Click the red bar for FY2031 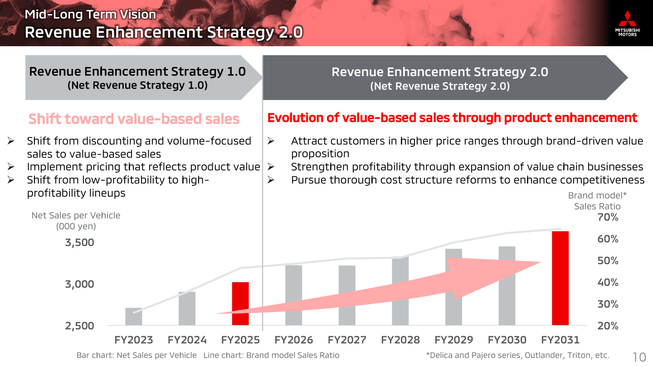point(560,278)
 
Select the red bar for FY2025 point(240,304)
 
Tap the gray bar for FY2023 point(133,316)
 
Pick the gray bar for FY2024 point(187,308)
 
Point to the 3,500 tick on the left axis point(80,242)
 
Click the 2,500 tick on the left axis point(80,326)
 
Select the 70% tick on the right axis point(608,217)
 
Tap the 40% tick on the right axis point(608,282)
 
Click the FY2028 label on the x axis point(400,340)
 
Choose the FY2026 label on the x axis point(293,340)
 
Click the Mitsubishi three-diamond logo point(627,19)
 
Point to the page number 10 point(639,357)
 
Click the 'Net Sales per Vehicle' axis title point(76,221)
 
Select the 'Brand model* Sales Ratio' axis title point(597,201)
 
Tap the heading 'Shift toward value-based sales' point(134,119)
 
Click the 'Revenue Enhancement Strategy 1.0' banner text point(137,72)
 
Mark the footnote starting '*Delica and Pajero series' point(518,355)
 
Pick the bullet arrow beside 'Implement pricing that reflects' point(11,167)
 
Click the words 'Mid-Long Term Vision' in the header point(90,14)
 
